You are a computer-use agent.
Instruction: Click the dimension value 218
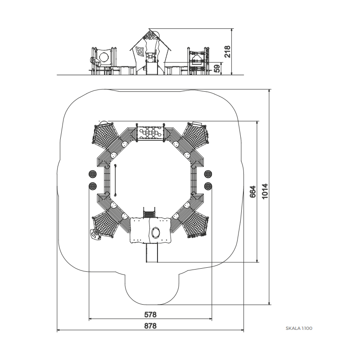[x=227, y=52]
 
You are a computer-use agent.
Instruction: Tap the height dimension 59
[x=217, y=68]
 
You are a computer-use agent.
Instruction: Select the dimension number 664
[x=252, y=192]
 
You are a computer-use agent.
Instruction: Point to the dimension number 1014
[x=265, y=191]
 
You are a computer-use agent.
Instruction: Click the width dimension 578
[x=150, y=314]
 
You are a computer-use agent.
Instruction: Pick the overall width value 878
[x=150, y=326]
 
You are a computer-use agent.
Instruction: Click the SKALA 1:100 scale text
[x=299, y=328]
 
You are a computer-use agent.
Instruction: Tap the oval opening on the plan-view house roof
[x=156, y=232]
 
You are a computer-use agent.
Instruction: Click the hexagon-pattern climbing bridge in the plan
[x=150, y=132]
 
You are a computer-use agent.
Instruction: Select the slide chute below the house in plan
[x=152, y=252]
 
